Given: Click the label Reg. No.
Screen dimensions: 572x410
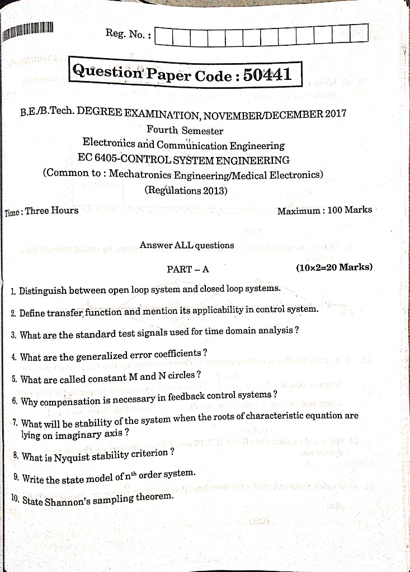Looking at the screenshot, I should (128, 35).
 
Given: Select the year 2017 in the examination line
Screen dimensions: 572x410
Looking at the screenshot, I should (335, 114).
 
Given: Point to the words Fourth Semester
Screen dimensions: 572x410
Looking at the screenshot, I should (185, 131).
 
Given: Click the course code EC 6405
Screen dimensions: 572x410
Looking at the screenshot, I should (100, 160).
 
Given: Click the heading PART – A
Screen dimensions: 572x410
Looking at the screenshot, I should (188, 269).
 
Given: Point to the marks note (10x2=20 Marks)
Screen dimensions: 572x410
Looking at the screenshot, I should (334, 267).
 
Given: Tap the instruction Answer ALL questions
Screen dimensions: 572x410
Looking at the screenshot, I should (187, 245).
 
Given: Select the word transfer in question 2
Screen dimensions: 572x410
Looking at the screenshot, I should (66, 313).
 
